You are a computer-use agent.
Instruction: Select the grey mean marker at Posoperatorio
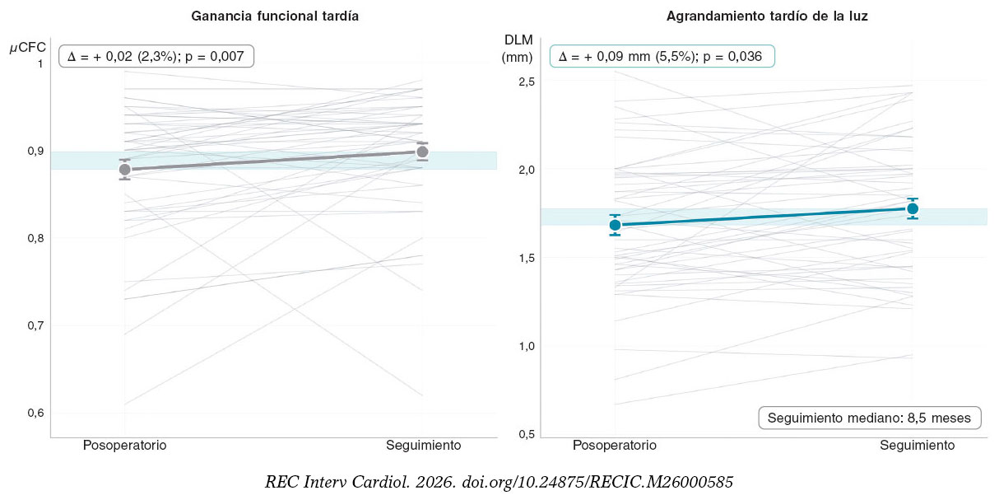[125, 170]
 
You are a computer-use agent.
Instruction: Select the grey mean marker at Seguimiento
[422, 152]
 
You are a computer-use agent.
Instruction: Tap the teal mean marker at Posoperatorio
[616, 225]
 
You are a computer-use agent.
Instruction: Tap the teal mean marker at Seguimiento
[913, 208]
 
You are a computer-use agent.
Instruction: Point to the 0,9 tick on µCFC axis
[35, 151]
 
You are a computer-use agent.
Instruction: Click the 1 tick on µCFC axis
[39, 64]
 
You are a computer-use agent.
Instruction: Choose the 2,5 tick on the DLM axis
[526, 82]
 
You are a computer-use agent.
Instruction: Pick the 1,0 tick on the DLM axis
[526, 346]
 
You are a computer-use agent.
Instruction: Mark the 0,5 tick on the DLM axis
[526, 434]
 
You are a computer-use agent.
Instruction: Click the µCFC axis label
[28, 48]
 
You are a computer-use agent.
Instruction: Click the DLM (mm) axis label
[518, 49]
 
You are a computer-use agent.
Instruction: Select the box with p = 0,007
[156, 57]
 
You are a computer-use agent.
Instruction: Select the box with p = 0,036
[662, 57]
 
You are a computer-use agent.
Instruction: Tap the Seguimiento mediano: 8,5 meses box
[870, 418]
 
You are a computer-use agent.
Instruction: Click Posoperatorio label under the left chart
[125, 446]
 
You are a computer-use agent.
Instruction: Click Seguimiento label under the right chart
[918, 446]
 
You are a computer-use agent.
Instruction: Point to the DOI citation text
[499, 482]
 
